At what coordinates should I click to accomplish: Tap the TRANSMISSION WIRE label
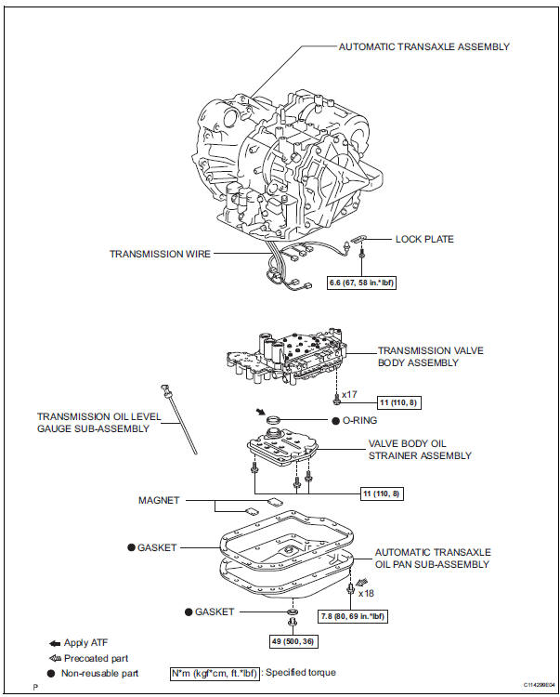click(161, 253)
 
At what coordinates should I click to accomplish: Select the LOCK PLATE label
click(424, 239)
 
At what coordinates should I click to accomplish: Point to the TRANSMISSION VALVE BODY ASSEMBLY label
click(431, 357)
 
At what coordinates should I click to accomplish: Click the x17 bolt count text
click(349, 395)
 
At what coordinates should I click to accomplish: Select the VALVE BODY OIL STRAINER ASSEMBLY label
click(420, 450)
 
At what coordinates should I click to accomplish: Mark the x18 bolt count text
click(366, 593)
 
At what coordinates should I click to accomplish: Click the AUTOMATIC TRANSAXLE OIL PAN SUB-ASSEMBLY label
click(433, 558)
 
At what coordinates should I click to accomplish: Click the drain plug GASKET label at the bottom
click(215, 612)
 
